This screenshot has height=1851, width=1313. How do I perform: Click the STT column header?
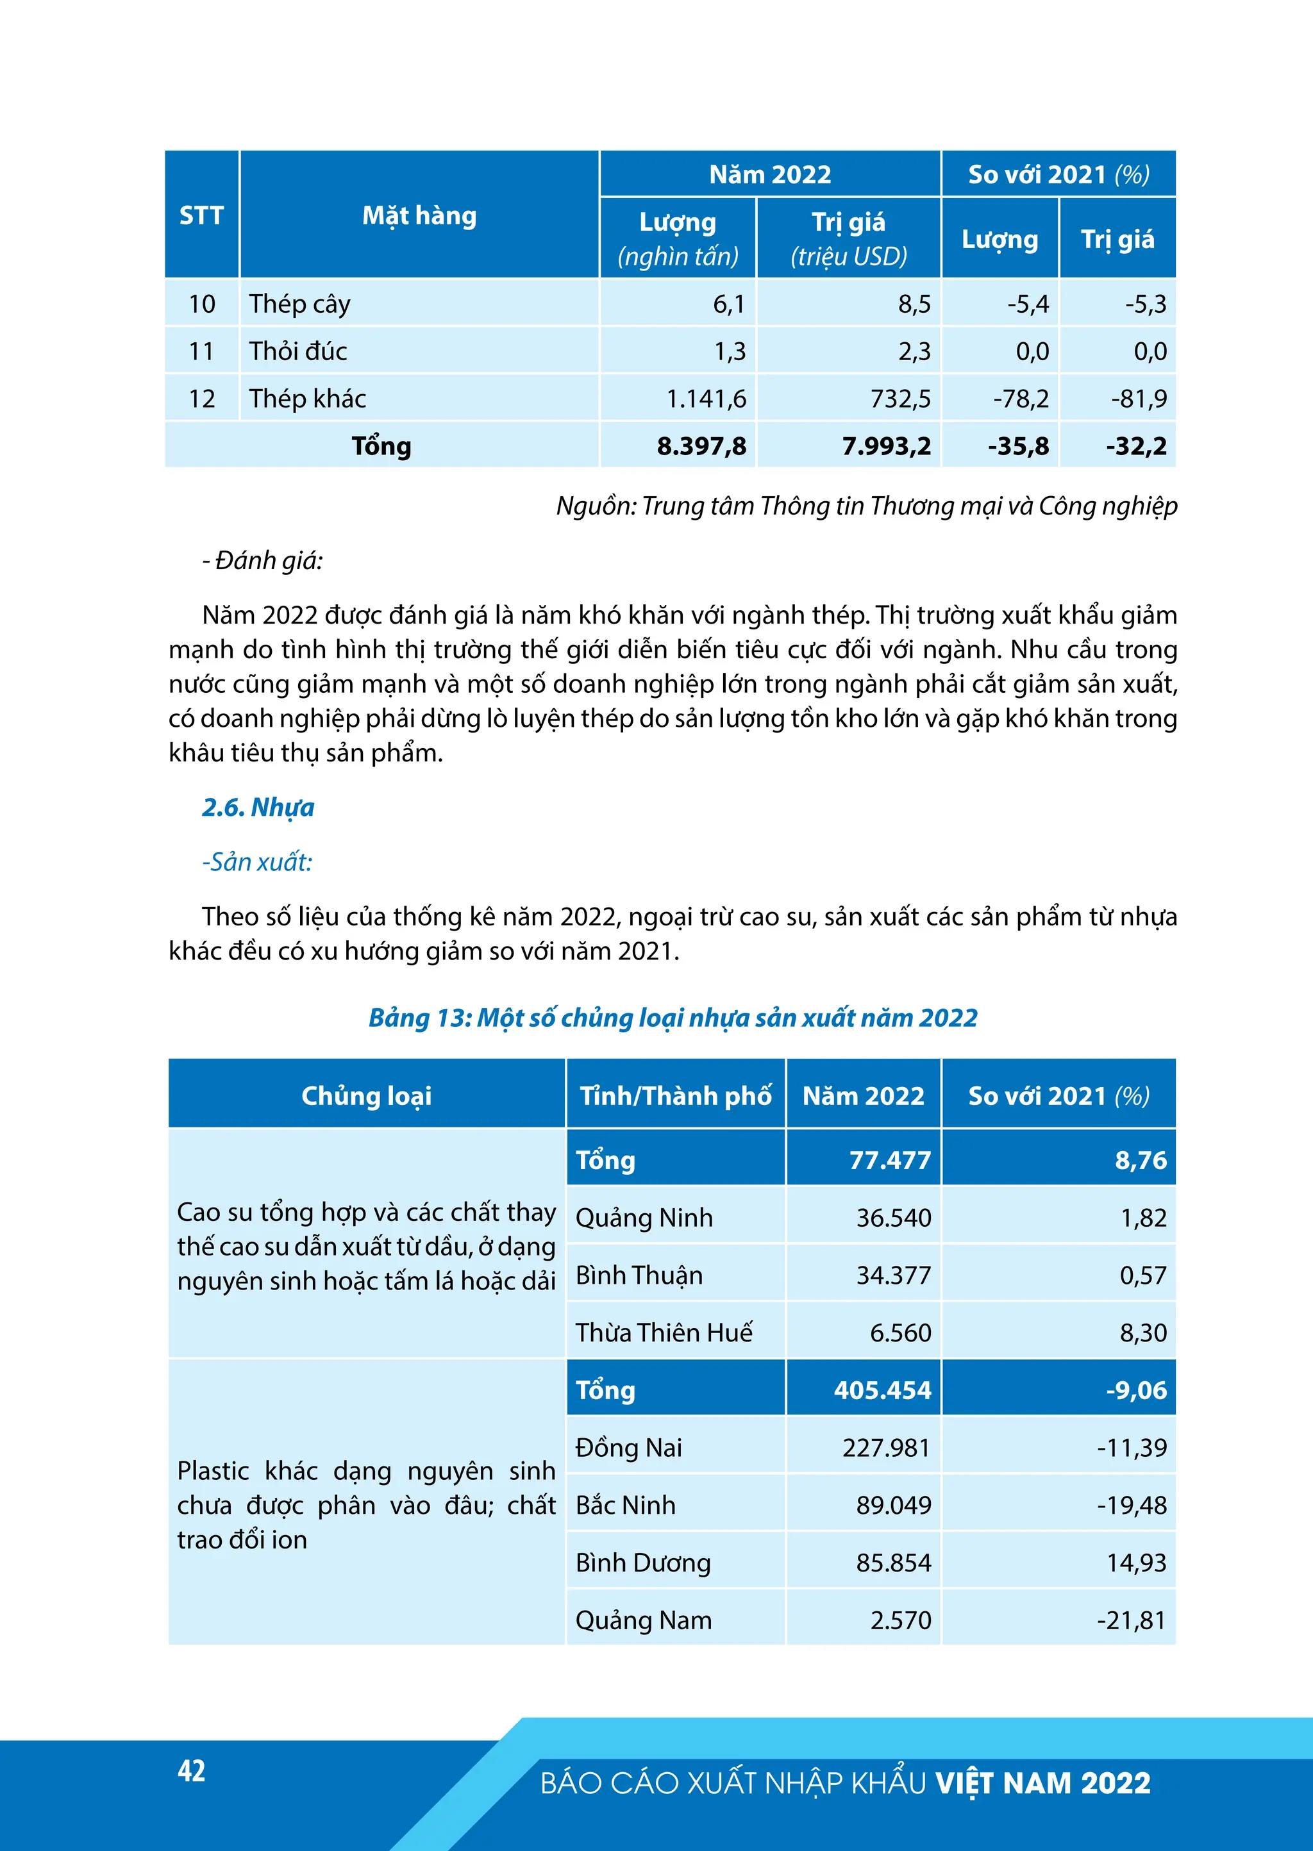pos(201,215)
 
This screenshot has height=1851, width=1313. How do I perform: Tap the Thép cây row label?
pos(299,304)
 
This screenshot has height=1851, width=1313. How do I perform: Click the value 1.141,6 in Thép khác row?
pos(706,399)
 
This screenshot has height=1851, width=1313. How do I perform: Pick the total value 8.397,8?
pos(701,446)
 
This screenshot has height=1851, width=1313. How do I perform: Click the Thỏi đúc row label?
pos(297,351)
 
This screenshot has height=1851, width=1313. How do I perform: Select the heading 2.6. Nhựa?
pos(258,807)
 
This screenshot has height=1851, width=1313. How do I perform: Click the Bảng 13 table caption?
pos(673,1017)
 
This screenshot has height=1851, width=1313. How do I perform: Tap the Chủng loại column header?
pos(366,1095)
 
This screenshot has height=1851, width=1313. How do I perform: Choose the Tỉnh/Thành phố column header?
pos(675,1095)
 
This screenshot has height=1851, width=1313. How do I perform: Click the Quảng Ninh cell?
pos(644,1217)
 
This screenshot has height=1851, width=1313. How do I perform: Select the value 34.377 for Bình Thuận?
pos(893,1275)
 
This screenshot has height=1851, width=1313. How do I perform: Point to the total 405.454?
pos(882,1390)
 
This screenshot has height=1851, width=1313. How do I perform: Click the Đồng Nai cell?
pos(628,1447)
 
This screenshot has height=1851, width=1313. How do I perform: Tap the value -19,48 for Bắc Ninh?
pos(1132,1504)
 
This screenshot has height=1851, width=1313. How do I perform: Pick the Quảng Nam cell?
pos(644,1620)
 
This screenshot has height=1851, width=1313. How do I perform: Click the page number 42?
pos(192,1770)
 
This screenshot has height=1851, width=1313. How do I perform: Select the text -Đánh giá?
pos(262,560)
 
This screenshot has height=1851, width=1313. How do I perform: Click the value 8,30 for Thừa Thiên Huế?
pos(1142,1332)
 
